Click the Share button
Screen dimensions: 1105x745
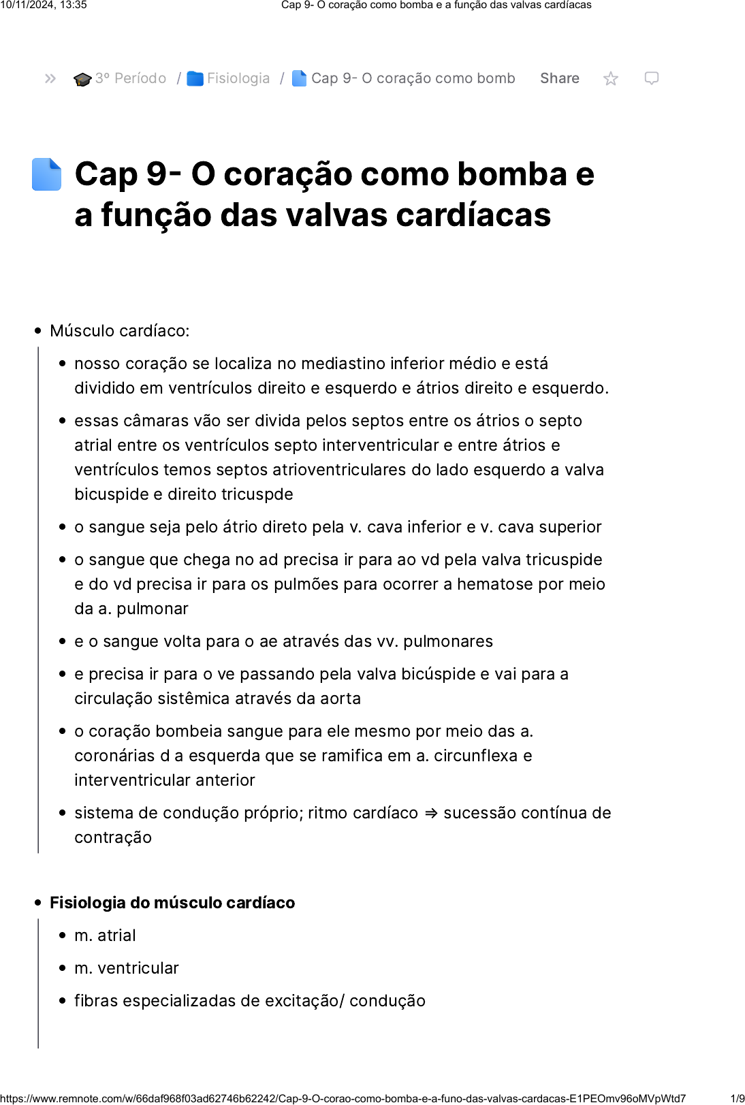pyautogui.click(x=559, y=78)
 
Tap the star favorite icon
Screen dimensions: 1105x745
pyautogui.click(x=611, y=79)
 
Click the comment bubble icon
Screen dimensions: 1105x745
pyautogui.click(x=651, y=78)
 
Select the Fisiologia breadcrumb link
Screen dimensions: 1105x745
pyautogui.click(x=238, y=78)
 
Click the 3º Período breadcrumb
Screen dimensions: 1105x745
pyautogui.click(x=130, y=78)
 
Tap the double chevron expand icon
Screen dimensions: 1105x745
pyautogui.click(x=50, y=78)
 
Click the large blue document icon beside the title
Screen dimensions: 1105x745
pyautogui.click(x=47, y=174)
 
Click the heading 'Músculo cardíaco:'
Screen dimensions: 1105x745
pyautogui.click(x=120, y=331)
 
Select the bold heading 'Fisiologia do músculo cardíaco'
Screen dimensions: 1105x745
pyautogui.click(x=172, y=903)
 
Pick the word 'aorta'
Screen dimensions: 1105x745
pyautogui.click(x=340, y=699)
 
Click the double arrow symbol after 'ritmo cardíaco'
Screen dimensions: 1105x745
pyautogui.click(x=430, y=813)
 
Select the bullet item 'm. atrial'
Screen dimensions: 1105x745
pyautogui.click(x=105, y=935)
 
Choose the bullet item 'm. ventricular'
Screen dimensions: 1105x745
pyautogui.click(x=127, y=968)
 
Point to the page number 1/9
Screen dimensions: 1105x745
pyautogui.click(x=737, y=1098)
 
